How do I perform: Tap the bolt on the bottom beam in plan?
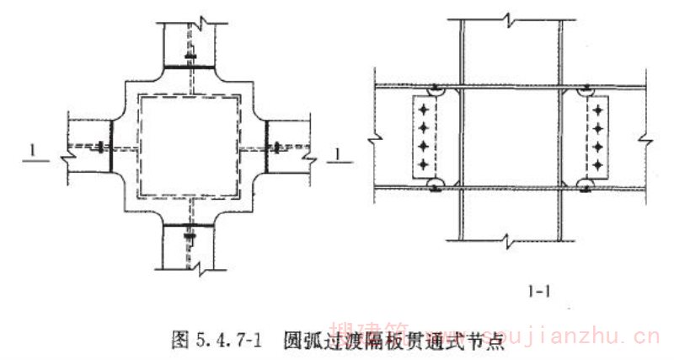pos(190,237)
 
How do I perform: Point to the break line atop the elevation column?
pos(511,18)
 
